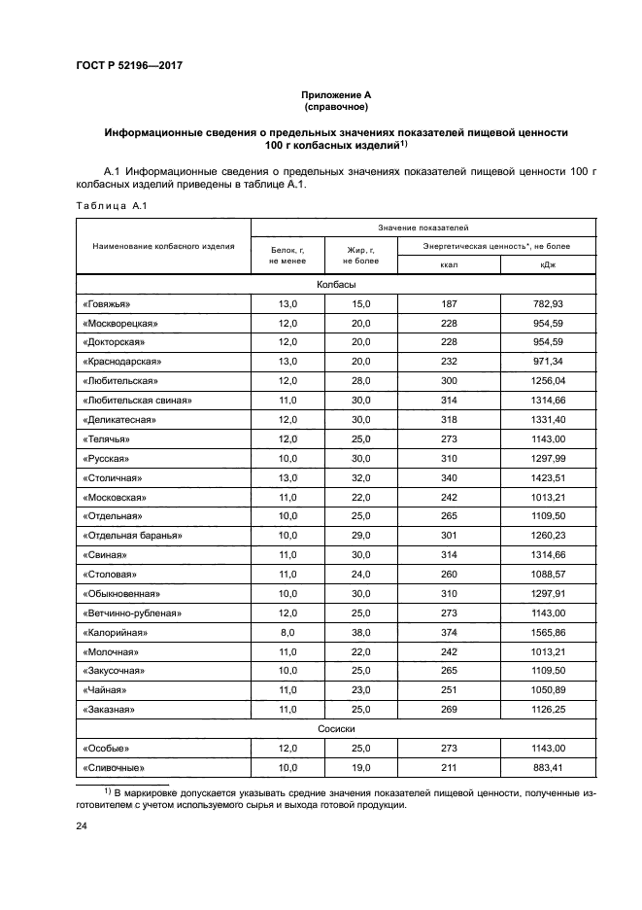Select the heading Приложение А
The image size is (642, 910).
click(x=336, y=94)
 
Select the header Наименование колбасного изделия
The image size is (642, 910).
click(x=163, y=247)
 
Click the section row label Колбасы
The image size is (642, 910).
click(x=336, y=284)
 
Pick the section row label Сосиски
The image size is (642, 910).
click(x=336, y=726)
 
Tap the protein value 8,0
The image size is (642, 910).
click(x=288, y=632)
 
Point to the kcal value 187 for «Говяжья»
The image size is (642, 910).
click(x=448, y=303)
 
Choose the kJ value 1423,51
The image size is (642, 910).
click(x=549, y=477)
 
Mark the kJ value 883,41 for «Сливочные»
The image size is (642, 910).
click(x=549, y=766)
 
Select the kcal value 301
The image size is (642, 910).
click(x=448, y=536)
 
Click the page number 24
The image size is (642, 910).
click(x=82, y=826)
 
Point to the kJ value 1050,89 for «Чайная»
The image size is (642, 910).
click(x=549, y=689)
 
